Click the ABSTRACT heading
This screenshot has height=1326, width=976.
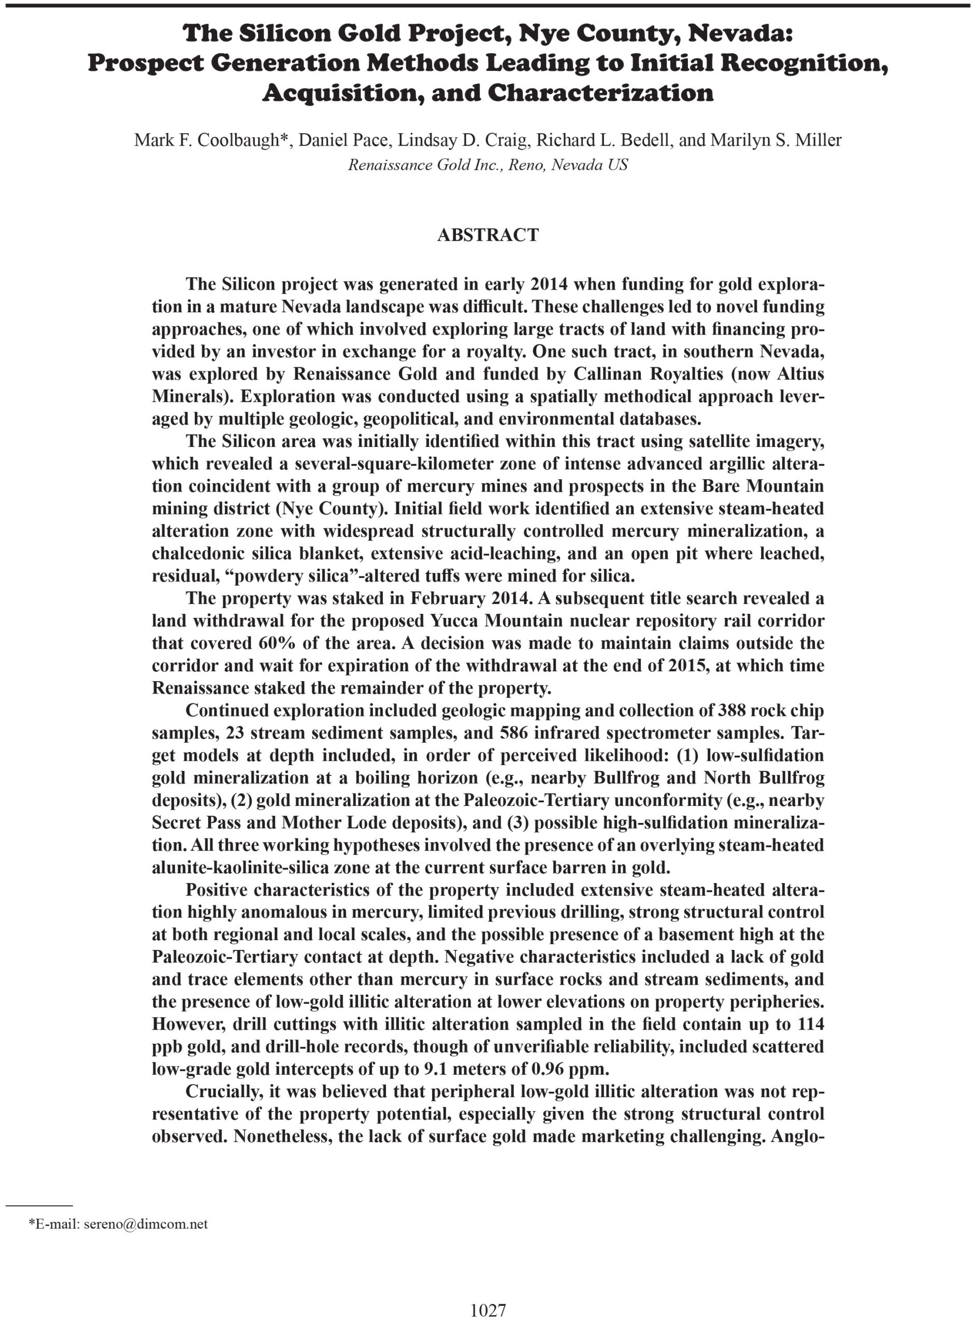point(487,235)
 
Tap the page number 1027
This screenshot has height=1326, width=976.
point(488,1294)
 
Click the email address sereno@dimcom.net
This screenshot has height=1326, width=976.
point(146,1224)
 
